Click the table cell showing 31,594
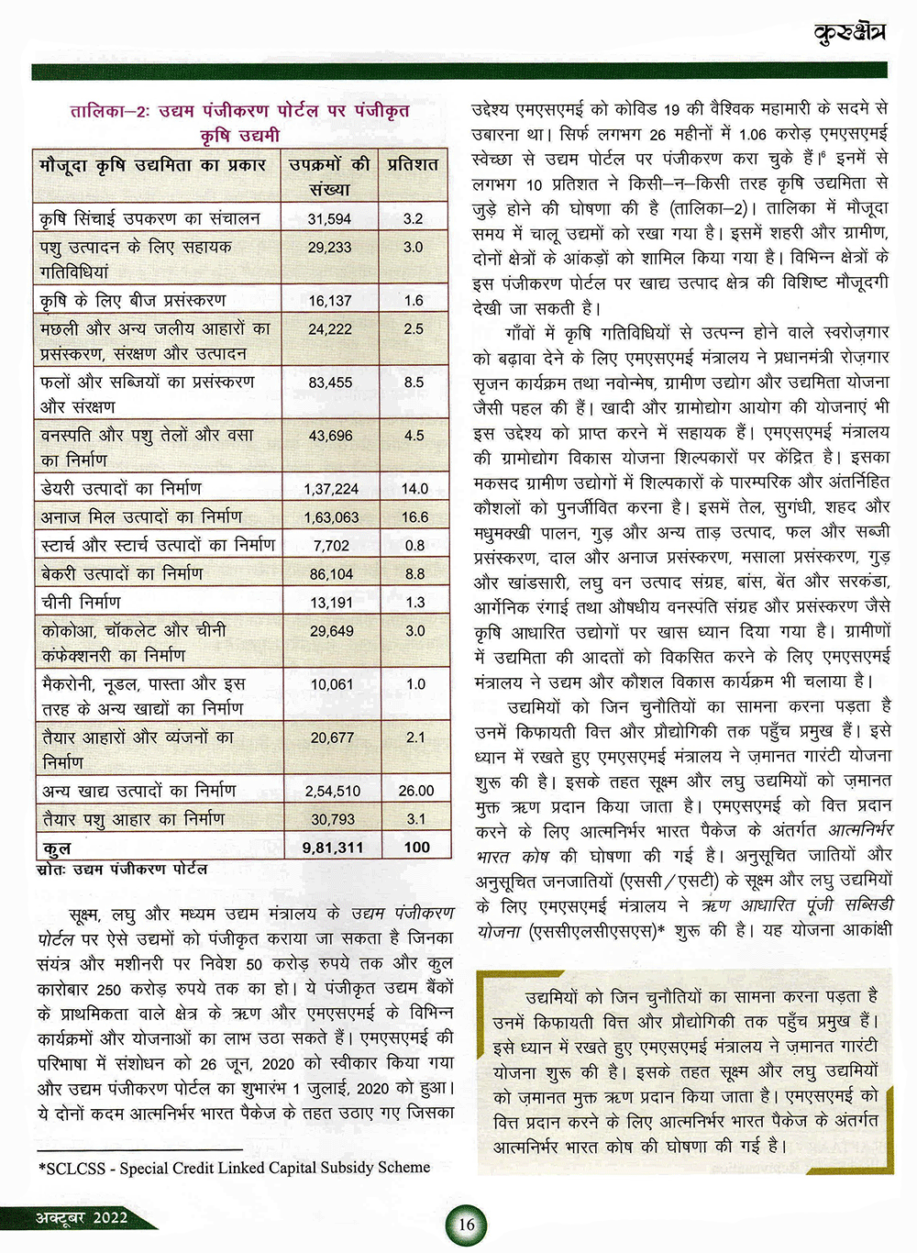[x=329, y=219]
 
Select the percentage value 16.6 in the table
[x=414, y=517]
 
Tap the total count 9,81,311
[x=332, y=848]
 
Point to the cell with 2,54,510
[x=332, y=791]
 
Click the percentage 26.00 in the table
[x=415, y=791]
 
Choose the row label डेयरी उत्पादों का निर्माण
[x=121, y=489]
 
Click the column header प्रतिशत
[x=413, y=165]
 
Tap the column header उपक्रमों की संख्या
[x=329, y=177]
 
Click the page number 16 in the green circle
[x=467, y=1225]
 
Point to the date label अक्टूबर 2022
[x=82, y=1218]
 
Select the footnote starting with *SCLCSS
[x=234, y=1168]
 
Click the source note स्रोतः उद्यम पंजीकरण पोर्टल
[x=122, y=869]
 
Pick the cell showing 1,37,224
[x=331, y=489]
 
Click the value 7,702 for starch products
[x=331, y=546]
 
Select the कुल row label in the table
[x=56, y=848]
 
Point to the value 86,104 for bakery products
[x=331, y=574]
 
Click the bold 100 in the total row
[x=416, y=848]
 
